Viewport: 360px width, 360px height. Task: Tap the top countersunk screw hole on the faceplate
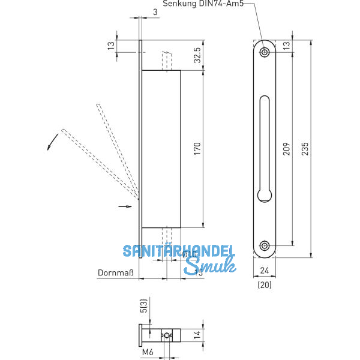[x=264, y=52]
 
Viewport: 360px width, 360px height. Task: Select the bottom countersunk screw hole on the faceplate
[x=264, y=245]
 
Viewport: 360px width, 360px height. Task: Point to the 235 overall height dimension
[x=305, y=148]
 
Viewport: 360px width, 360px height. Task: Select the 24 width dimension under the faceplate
[x=264, y=271]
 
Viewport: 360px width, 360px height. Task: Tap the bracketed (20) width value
[x=264, y=285]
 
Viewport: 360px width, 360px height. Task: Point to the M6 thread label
[x=146, y=353]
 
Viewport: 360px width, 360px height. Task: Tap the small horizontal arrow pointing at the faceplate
[x=125, y=206]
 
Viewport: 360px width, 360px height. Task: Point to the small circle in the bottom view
[x=167, y=335]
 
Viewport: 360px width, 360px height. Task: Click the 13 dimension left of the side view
[x=110, y=46]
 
